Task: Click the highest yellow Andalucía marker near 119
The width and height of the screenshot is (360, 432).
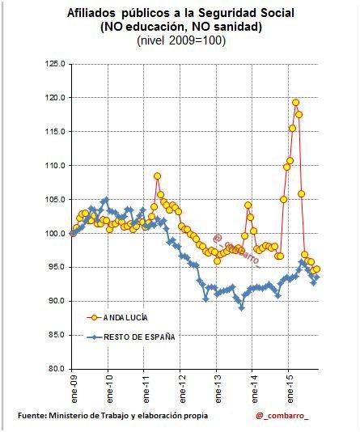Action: pyautogui.click(x=295, y=103)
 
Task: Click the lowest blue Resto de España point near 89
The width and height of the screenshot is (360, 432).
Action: pyautogui.click(x=242, y=308)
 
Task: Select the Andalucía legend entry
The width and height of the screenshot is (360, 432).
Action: pyautogui.click(x=117, y=318)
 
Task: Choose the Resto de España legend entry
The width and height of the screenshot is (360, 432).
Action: pyautogui.click(x=131, y=337)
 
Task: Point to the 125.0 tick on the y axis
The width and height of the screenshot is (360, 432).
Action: pyautogui.click(x=55, y=64)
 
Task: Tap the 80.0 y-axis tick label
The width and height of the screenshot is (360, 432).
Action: pyautogui.click(x=56, y=369)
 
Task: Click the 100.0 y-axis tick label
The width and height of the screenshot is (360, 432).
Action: pyautogui.click(x=55, y=234)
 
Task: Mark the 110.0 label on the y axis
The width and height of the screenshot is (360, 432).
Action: pyautogui.click(x=55, y=166)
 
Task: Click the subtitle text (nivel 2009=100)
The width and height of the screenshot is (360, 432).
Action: pyautogui.click(x=181, y=40)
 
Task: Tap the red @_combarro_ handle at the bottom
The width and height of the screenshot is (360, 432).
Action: pyautogui.click(x=282, y=416)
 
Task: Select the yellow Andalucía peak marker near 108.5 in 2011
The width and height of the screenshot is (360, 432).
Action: pyautogui.click(x=157, y=176)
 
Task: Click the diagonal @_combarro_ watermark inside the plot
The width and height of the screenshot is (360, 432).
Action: pyautogui.click(x=237, y=252)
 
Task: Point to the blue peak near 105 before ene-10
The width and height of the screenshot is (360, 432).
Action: pyautogui.click(x=106, y=199)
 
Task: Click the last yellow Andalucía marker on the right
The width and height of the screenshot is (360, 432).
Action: pyautogui.click(x=316, y=269)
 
